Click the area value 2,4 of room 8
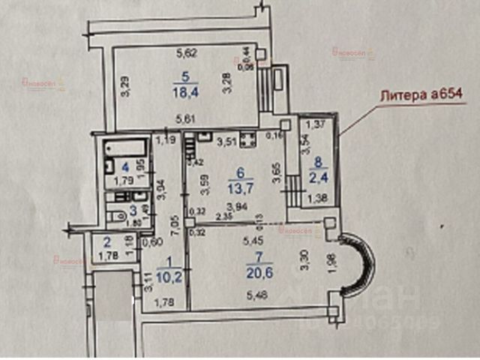tap(319, 178)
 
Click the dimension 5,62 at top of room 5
tap(186, 52)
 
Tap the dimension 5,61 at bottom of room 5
tap(186, 118)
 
